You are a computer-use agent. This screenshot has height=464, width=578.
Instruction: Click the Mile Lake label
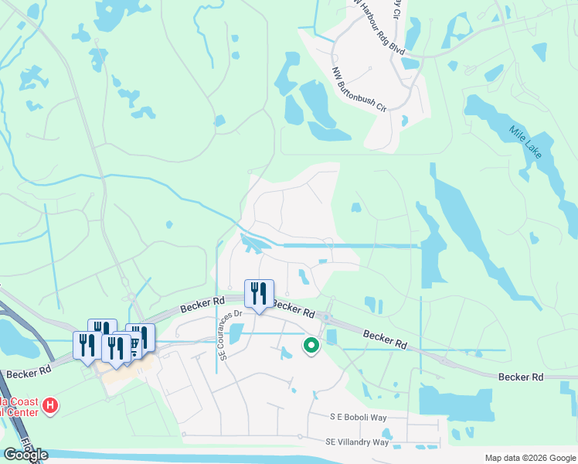click(x=526, y=142)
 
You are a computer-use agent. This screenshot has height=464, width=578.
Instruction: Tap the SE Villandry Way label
click(x=357, y=442)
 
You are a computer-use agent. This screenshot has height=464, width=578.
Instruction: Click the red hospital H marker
click(x=51, y=405)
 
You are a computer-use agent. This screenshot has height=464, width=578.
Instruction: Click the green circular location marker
click(x=311, y=346)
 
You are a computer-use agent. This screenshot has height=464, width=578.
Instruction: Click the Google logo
click(x=25, y=455)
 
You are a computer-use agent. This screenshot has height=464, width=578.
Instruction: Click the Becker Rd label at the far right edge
click(x=521, y=377)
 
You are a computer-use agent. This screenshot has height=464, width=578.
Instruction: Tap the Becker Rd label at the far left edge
click(x=28, y=372)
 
